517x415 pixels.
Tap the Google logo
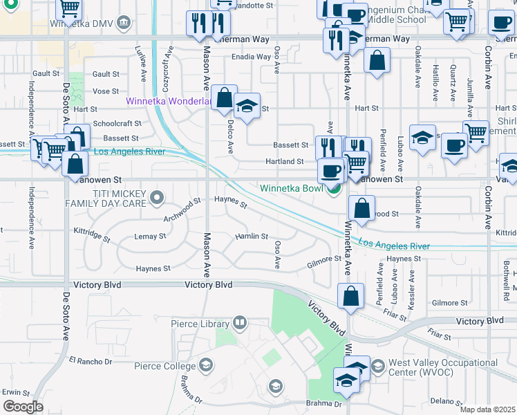(23, 406)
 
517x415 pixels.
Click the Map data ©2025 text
(487, 409)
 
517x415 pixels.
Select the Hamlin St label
(252, 237)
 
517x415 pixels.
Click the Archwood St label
(182, 206)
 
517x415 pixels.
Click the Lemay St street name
(150, 237)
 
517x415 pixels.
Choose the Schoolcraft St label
(117, 123)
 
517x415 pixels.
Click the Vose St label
(106, 91)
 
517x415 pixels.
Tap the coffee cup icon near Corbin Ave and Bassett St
(454, 145)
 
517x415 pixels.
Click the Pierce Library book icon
(239, 322)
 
